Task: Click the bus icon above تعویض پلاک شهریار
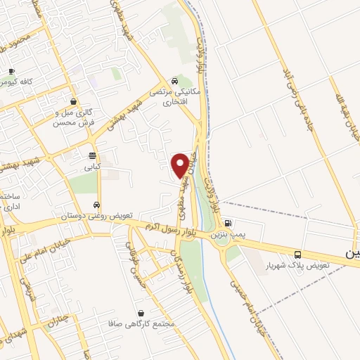297,255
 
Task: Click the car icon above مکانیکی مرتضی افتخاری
176,79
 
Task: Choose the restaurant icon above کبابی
92,155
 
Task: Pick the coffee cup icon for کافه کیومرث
12,71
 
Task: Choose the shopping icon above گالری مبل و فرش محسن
73,101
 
